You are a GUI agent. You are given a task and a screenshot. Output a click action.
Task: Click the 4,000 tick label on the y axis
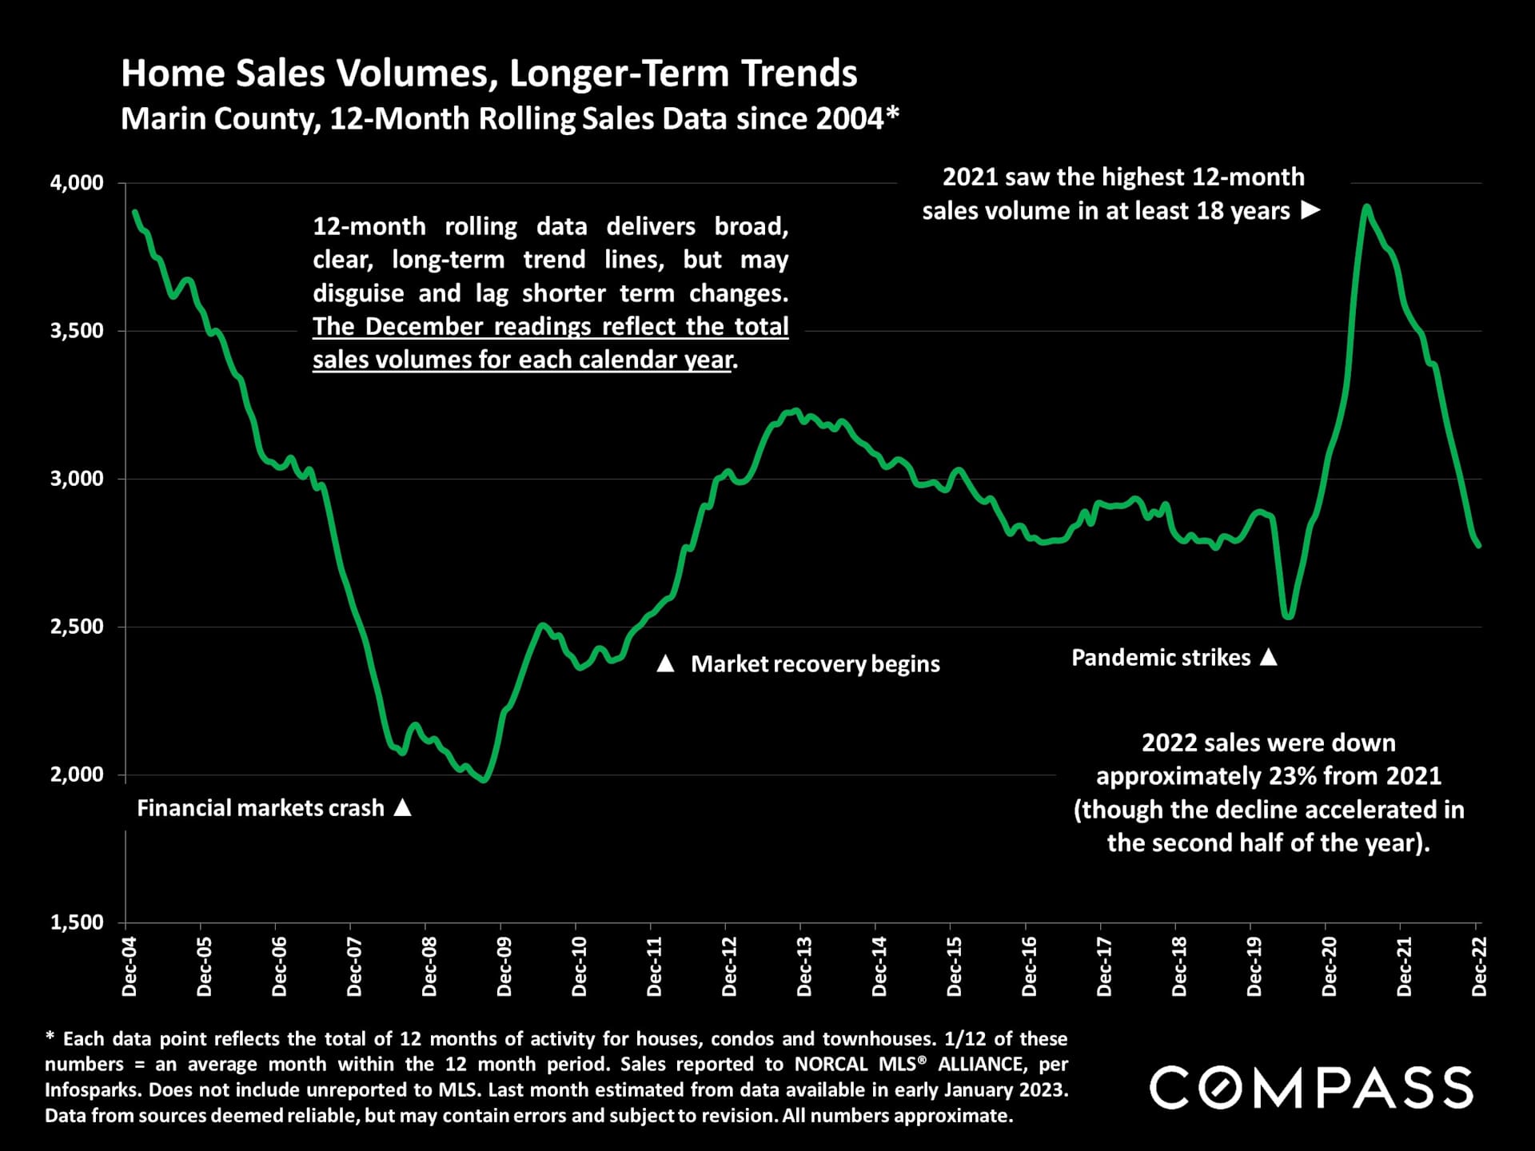tap(77, 183)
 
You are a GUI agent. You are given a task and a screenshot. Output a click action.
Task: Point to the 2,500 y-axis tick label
tap(77, 627)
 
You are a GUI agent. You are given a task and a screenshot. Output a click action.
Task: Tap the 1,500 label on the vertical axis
tap(77, 922)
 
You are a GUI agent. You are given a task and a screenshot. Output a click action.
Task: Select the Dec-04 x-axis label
tap(130, 967)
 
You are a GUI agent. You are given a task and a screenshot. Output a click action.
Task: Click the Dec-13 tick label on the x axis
tap(804, 967)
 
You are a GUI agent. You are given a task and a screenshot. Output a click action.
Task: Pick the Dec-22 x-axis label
tap(1479, 967)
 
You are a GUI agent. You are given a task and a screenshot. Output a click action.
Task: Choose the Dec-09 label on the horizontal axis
tap(504, 967)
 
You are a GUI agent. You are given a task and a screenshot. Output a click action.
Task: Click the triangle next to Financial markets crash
tap(403, 808)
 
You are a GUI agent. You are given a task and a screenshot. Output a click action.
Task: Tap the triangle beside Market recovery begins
tap(665, 663)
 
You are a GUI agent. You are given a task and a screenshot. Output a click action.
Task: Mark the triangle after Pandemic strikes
tap(1268, 657)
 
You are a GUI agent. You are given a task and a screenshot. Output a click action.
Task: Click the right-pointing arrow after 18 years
tap(1310, 210)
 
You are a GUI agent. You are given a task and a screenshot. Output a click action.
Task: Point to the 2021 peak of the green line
tap(1367, 207)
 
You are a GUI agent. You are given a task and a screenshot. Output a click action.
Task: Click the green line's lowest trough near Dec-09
tap(482, 779)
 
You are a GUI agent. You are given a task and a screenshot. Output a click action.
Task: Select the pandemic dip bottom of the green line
tap(1287, 616)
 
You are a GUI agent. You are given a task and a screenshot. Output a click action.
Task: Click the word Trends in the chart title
tap(799, 74)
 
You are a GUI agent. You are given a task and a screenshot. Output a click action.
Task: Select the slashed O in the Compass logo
tap(1234, 1088)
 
